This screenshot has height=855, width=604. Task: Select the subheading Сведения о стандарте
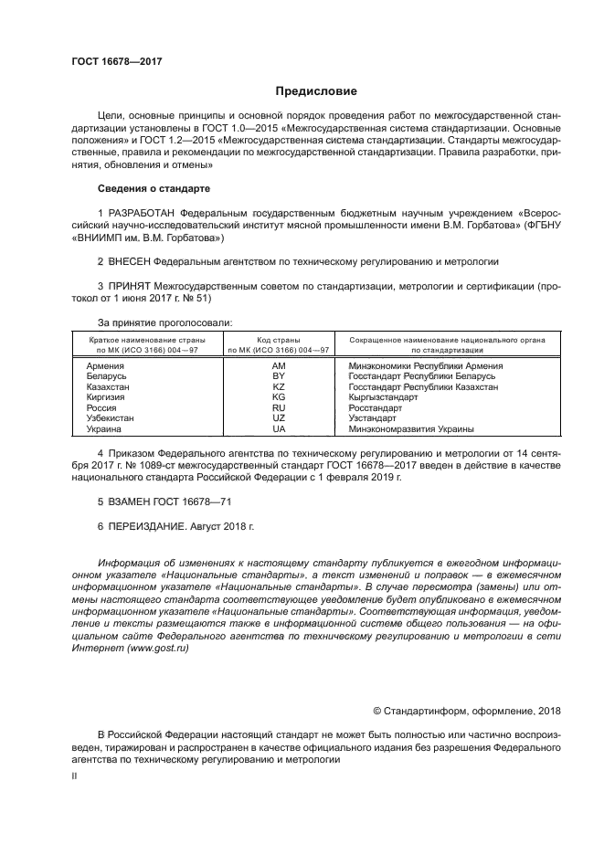[x=154, y=188]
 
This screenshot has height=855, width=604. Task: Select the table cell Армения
[x=105, y=365]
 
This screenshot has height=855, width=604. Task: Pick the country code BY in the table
[x=280, y=376]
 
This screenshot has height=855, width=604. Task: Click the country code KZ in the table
[x=280, y=387]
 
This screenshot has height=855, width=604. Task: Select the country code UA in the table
[x=280, y=429]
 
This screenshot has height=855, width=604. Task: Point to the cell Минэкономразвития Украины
[x=410, y=429]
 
